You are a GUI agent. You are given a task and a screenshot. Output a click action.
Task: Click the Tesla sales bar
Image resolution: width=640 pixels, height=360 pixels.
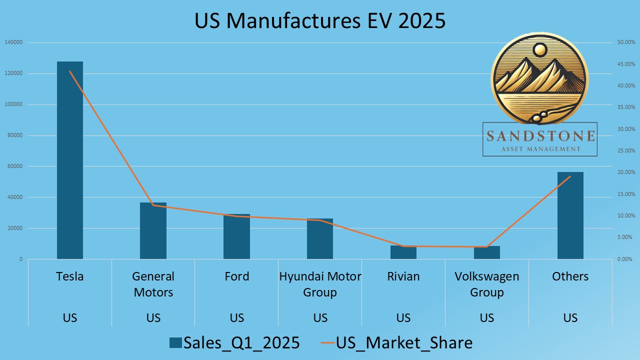(x=70, y=160)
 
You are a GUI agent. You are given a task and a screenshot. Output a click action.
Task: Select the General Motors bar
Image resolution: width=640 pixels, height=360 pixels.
(x=153, y=231)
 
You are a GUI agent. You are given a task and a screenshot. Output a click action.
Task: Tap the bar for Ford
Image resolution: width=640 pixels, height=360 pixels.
(x=236, y=237)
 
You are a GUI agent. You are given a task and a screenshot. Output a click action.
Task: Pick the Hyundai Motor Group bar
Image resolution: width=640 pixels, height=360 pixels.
(x=320, y=239)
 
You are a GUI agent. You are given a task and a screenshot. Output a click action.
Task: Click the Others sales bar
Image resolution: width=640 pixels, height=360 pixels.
(x=570, y=215)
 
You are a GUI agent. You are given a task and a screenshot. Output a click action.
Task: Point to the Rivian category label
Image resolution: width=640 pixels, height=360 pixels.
(x=403, y=276)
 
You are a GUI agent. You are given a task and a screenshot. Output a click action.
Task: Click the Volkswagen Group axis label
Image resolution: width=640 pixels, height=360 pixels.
(x=487, y=284)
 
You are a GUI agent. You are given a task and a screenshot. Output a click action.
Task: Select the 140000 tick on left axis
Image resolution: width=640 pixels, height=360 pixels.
(x=13, y=42)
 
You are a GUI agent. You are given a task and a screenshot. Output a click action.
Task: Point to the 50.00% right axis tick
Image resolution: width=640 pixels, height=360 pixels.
(x=625, y=42)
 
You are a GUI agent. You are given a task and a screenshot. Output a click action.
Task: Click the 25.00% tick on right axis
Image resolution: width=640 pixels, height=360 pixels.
(x=625, y=150)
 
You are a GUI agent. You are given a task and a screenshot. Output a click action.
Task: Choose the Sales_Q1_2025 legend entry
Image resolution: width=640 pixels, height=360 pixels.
(x=234, y=343)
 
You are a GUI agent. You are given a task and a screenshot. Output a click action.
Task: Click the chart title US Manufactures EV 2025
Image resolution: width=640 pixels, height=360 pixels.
(x=320, y=21)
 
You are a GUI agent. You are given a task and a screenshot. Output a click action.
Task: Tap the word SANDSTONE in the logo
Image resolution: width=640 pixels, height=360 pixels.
(x=540, y=136)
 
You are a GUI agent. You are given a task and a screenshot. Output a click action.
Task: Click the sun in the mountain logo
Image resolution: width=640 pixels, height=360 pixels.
(x=540, y=49)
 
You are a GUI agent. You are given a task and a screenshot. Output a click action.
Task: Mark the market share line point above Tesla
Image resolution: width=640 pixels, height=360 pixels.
(x=70, y=71)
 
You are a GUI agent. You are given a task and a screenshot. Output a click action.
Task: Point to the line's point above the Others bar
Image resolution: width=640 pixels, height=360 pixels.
(x=570, y=176)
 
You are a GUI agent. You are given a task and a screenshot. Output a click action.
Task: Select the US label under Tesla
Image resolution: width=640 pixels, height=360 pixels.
(x=70, y=318)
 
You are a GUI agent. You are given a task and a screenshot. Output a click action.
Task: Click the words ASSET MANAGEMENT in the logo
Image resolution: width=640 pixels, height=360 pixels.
(x=540, y=149)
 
